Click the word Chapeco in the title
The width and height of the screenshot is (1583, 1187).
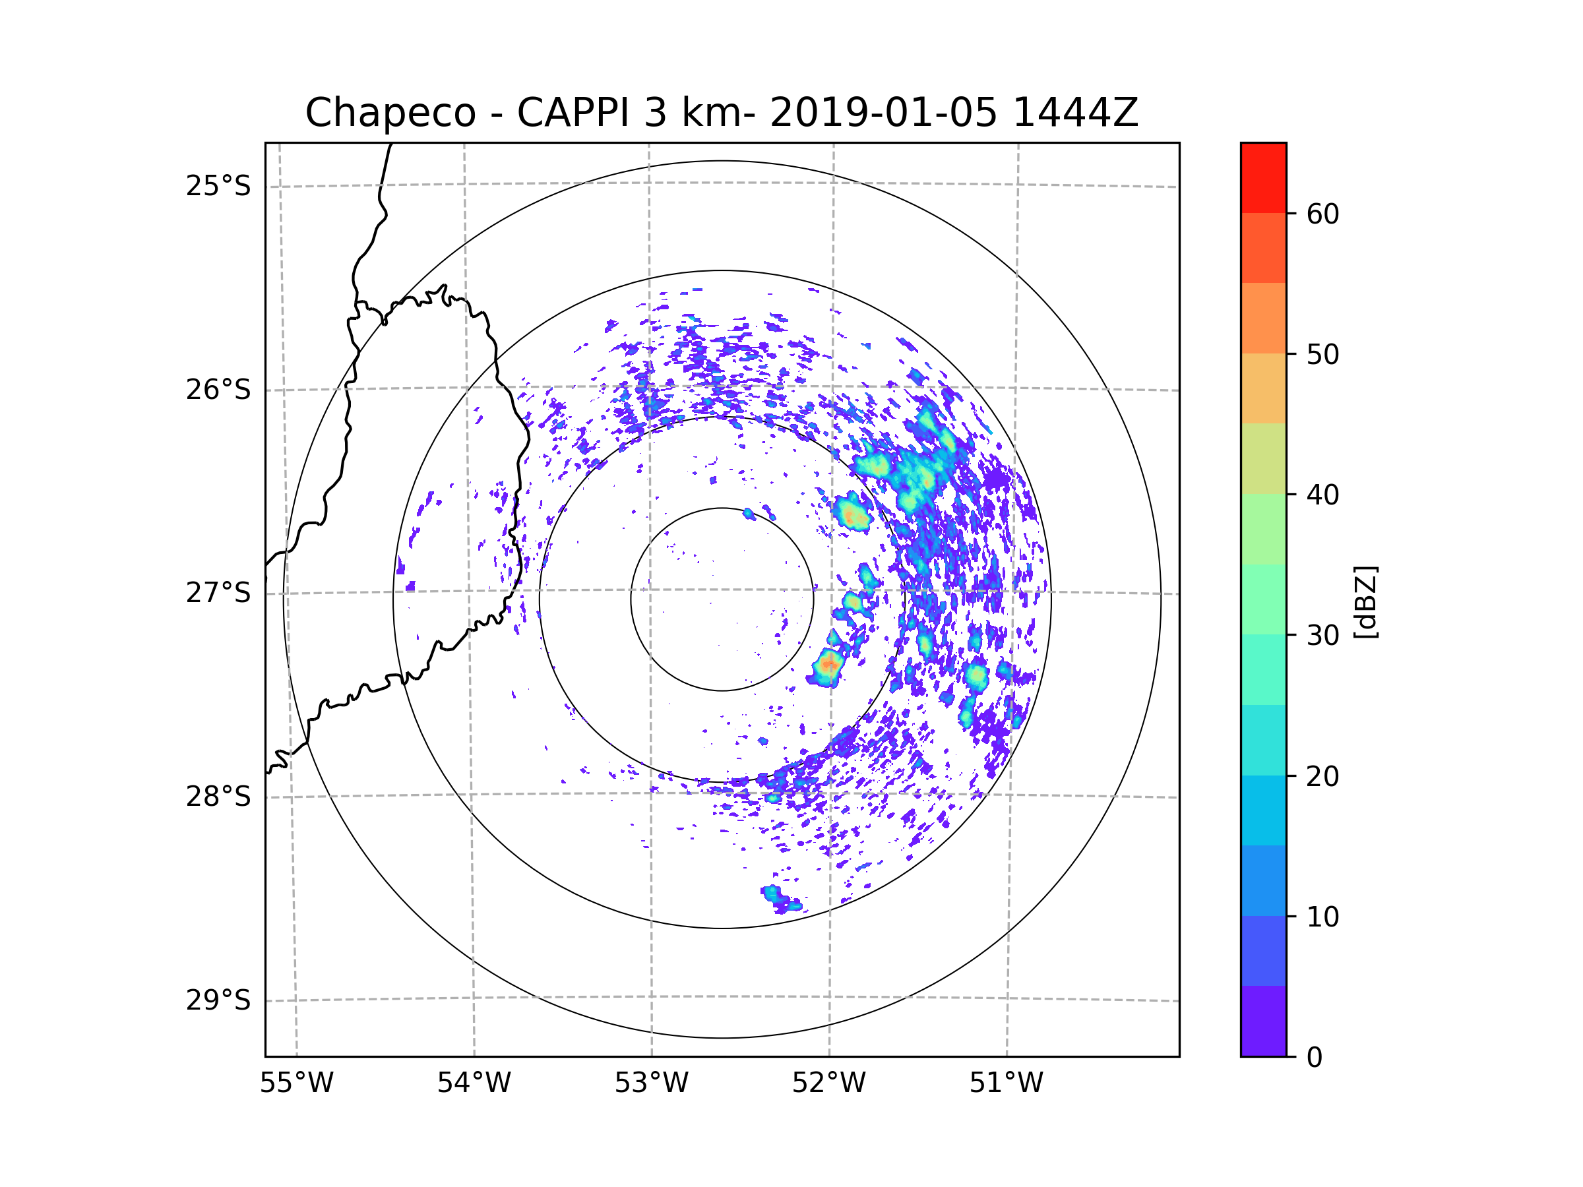coord(390,113)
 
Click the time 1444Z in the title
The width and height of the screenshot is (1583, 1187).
coord(1075,113)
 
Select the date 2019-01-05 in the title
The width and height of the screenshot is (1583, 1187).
coord(883,113)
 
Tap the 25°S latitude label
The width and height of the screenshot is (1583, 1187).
coord(218,186)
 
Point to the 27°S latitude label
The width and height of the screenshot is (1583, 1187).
coord(218,593)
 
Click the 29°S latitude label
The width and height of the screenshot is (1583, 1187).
coord(218,1000)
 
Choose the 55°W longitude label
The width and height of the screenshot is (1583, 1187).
coord(296,1083)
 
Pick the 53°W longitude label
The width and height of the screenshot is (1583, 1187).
coord(651,1083)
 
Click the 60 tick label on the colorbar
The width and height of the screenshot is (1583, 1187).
coord(1322,214)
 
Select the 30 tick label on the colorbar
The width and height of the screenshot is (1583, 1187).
coord(1322,635)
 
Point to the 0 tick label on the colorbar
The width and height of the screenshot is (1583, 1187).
coord(1315,1058)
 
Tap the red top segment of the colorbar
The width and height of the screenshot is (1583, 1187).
coord(1263,178)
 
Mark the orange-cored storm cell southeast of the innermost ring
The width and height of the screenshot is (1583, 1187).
coord(828,667)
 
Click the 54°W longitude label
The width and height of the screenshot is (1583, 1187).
coord(474,1083)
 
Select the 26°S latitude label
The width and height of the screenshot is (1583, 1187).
coord(218,390)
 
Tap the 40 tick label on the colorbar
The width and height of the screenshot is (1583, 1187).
coord(1322,495)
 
